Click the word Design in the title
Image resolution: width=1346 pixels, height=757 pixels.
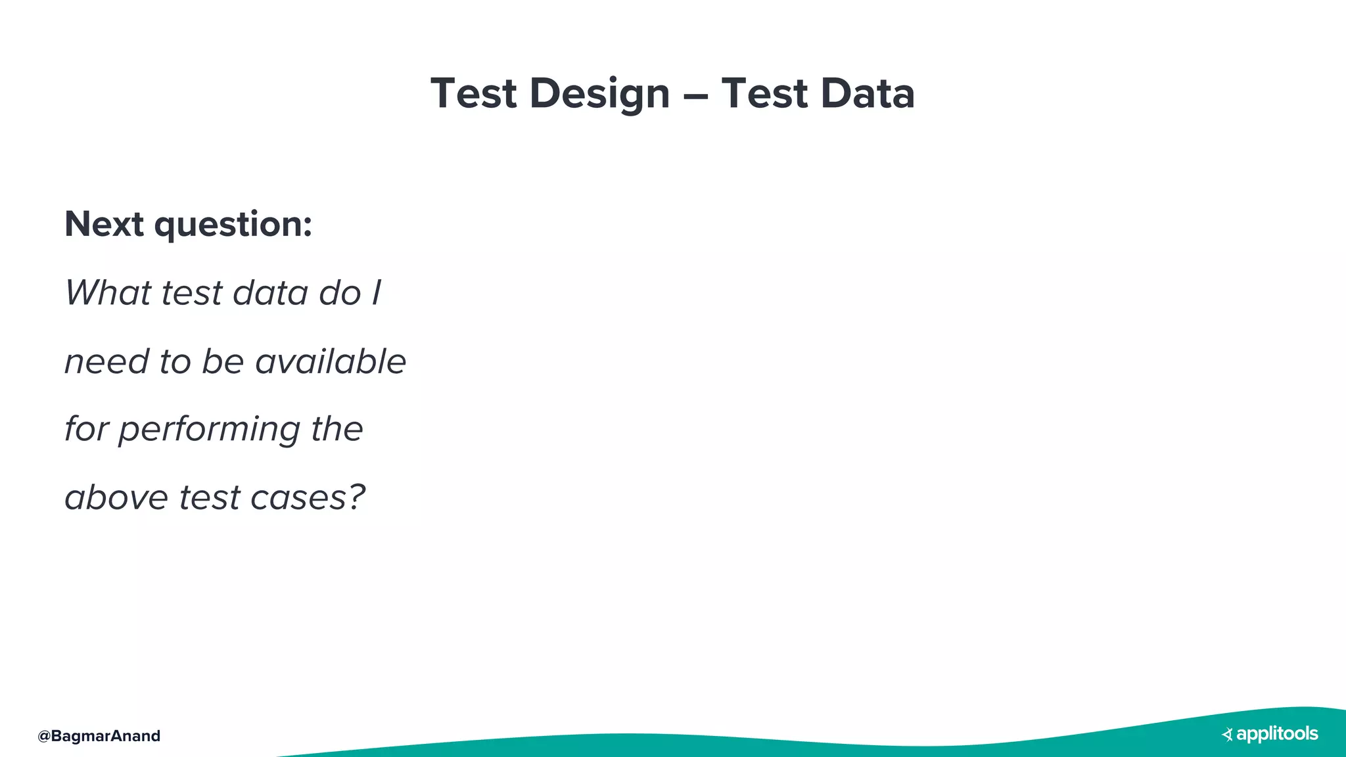click(599, 93)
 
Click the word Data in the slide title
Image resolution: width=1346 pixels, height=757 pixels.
click(868, 93)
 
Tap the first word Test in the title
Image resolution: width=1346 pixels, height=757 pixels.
click(473, 93)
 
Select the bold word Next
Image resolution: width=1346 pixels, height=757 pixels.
click(104, 224)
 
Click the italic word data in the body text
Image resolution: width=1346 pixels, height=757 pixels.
click(270, 292)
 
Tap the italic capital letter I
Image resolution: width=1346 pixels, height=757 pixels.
click(376, 292)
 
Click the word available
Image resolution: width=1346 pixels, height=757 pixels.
click(331, 361)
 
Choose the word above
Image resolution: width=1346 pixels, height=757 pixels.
click(116, 497)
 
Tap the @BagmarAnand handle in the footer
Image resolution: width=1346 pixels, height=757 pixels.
click(99, 736)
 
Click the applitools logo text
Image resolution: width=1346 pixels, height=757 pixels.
click(1277, 734)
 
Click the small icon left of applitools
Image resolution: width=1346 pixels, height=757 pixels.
click(1227, 735)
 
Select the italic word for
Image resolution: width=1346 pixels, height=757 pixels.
click(85, 429)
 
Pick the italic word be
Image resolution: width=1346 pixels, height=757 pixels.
click(223, 361)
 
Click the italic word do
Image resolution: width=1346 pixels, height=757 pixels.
click(340, 292)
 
